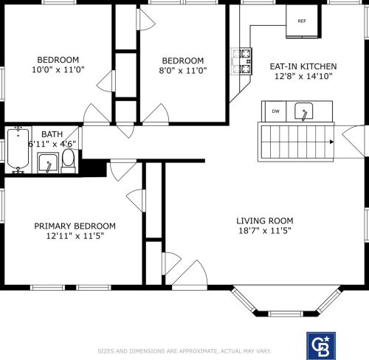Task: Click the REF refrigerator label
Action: click(302, 21)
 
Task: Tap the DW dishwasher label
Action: click(276, 111)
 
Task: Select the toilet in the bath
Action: click(68, 160)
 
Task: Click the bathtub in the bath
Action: click(18, 150)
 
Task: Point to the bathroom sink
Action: click(48, 162)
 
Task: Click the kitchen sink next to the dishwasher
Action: click(304, 111)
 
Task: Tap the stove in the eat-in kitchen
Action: click(242, 61)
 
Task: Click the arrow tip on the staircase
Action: click(334, 142)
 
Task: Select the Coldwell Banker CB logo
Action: click(321, 346)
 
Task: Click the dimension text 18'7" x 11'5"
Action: click(265, 231)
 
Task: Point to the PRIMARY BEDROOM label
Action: click(75, 226)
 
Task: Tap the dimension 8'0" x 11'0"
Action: click(183, 71)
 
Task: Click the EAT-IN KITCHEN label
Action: click(303, 66)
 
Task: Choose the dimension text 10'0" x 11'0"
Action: click(58, 69)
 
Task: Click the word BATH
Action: click(52, 134)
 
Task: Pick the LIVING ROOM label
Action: click(265, 221)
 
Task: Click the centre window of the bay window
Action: click(286, 314)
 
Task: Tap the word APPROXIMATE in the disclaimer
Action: click(198, 351)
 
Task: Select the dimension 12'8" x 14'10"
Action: click(303, 76)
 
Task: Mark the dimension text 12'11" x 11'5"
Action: click(75, 236)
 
